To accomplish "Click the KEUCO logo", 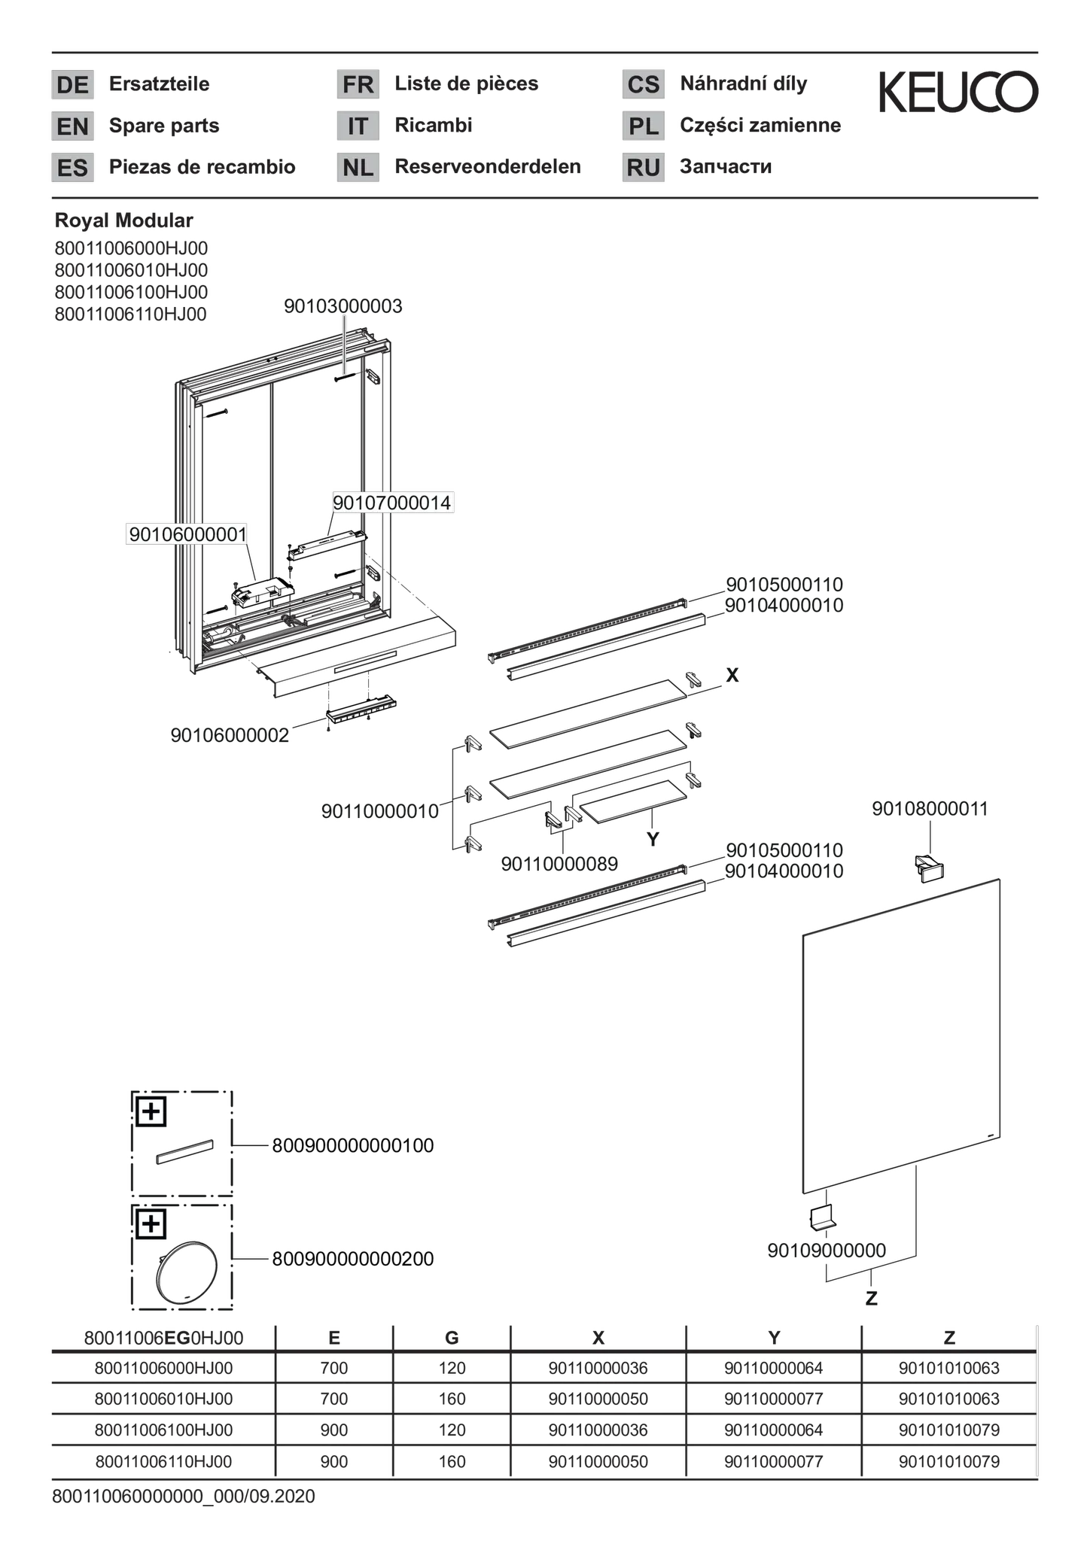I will click(x=958, y=92).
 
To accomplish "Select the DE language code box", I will click(x=72, y=84).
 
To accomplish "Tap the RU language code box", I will click(x=644, y=167).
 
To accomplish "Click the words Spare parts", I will click(x=164, y=125).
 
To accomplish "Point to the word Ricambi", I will click(x=434, y=125).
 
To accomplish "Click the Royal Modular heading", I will click(x=123, y=220).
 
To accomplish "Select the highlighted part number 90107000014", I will click(x=392, y=503).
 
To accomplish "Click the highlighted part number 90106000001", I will click(x=187, y=534).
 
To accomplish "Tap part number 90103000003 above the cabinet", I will click(x=343, y=305).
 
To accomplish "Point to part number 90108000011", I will click(x=930, y=809).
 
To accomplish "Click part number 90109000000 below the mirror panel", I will click(x=827, y=1251).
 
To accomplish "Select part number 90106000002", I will click(x=230, y=735).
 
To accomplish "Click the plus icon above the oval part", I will click(x=151, y=1224).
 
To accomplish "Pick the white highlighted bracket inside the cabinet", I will click(x=327, y=545).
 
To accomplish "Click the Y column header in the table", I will click(x=774, y=1337).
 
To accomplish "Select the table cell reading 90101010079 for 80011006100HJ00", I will click(x=948, y=1430).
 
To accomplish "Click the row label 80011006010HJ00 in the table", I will click(x=163, y=1399).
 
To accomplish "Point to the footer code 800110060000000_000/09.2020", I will click(x=183, y=1497).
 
